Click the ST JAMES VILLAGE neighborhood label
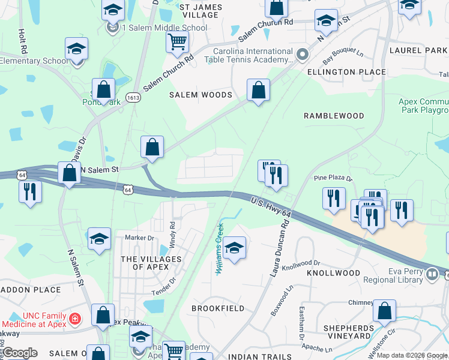tap(201, 11)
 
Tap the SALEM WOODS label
tap(200, 95)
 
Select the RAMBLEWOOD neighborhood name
tap(334, 115)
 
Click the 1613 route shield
tap(133, 96)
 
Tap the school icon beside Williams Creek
tap(234, 248)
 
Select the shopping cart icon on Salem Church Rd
tap(177, 42)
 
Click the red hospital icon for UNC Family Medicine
tap(75, 317)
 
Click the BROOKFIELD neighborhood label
tap(218, 308)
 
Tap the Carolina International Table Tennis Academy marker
tap(303, 55)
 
